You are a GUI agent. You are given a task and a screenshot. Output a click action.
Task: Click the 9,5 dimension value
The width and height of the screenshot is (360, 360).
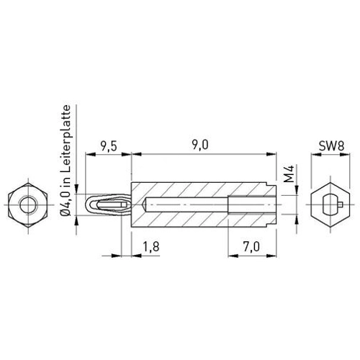pos(109,146)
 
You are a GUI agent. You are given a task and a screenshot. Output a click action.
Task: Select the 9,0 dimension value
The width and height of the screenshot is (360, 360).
pos(200,145)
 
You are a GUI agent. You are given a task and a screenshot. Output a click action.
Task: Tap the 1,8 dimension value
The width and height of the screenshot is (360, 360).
pos(151,247)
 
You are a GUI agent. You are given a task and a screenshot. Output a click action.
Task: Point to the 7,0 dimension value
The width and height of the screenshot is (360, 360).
pos(251,247)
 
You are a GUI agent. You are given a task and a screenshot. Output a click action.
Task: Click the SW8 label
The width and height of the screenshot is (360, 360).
pos(331,146)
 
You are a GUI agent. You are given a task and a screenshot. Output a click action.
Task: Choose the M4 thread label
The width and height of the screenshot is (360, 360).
pos(289,174)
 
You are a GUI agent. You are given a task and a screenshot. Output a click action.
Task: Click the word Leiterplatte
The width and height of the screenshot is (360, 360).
pos(66,139)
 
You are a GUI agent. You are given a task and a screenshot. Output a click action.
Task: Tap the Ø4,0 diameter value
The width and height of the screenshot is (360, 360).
pos(66,203)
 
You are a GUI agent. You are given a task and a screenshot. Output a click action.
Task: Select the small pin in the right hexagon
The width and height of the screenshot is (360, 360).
pos(341,204)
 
